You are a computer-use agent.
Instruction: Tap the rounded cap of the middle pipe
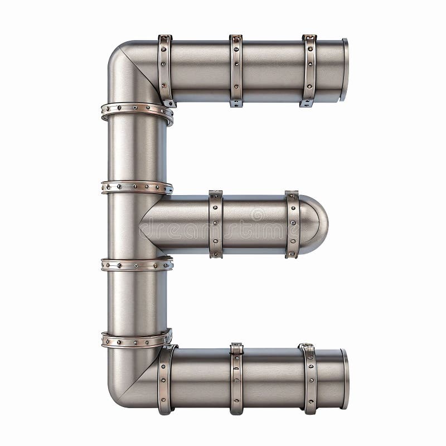tap(316, 224)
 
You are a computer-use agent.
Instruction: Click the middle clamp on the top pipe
tap(236, 70)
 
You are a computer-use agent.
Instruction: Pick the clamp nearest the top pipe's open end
tap(309, 70)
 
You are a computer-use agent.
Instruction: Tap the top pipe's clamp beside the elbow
tap(166, 70)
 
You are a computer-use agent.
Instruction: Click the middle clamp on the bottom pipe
tap(237, 379)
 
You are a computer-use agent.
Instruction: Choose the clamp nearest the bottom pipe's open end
tap(309, 379)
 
